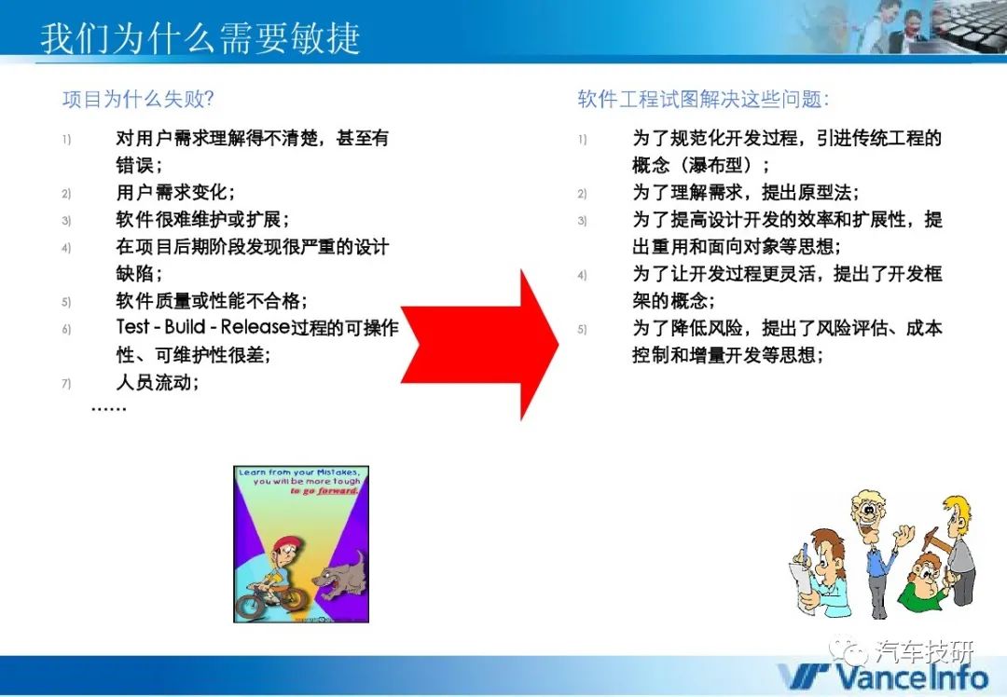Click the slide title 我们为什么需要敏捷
point(200,38)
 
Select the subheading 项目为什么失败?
point(138,100)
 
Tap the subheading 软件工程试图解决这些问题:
point(703,100)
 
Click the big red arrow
point(480,345)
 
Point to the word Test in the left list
point(133,327)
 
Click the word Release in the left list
point(255,327)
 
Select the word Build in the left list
point(185,327)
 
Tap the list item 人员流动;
point(158,383)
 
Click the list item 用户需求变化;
point(175,192)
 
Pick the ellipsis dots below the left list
point(108,408)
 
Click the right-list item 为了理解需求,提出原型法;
point(746,192)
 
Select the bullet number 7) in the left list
point(66,384)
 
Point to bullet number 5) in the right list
point(582,330)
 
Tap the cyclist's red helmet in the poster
point(283,545)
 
